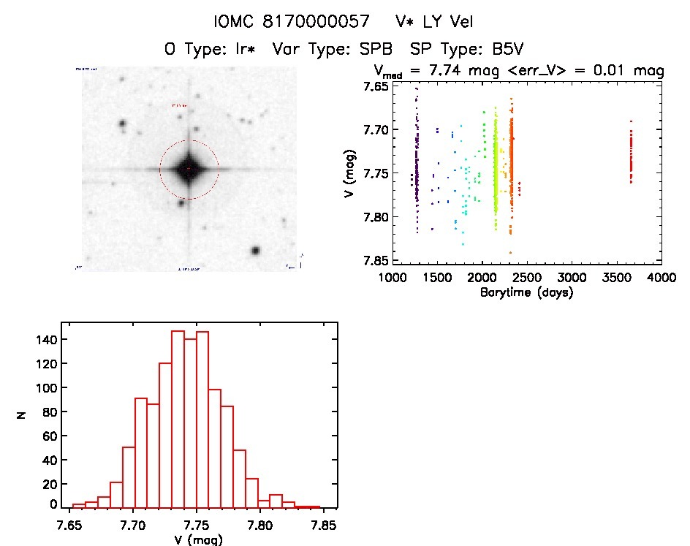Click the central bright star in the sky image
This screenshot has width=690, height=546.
(189, 169)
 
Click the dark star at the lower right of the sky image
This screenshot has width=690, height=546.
(256, 251)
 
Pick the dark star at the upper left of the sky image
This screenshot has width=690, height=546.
(122, 124)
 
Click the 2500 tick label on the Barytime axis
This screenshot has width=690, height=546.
(527, 278)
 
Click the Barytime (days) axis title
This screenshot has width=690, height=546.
(526, 292)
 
